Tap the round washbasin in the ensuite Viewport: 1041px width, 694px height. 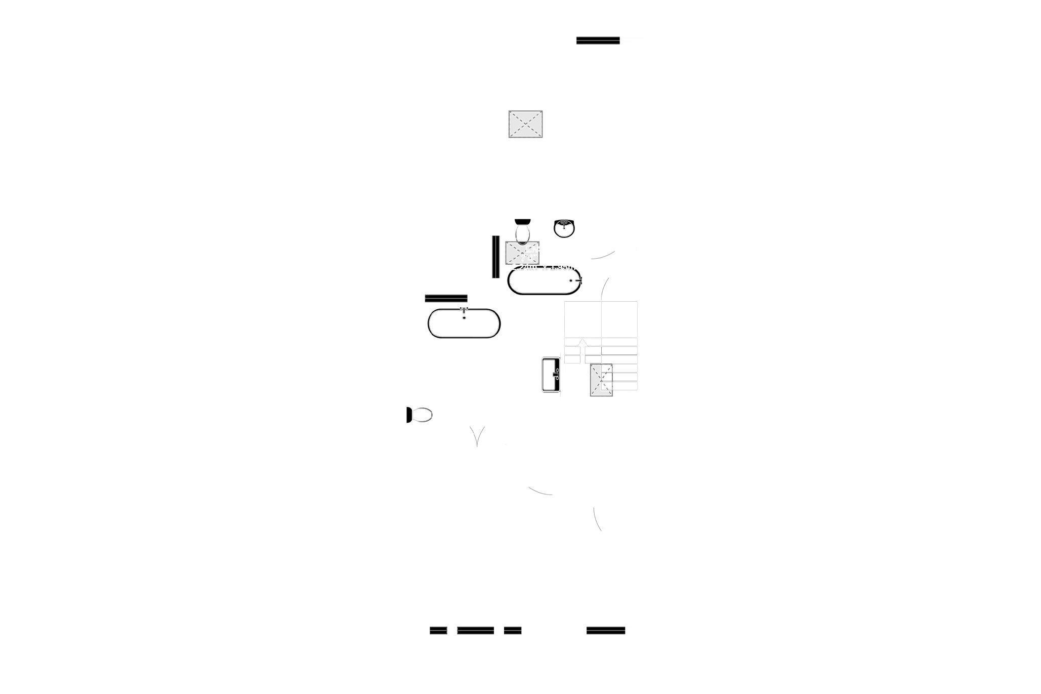click(563, 228)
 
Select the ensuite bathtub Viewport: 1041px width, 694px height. click(545, 281)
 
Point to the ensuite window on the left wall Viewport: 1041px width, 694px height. click(494, 257)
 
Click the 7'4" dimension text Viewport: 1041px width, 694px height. click(529, 258)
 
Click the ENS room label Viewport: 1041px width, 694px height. click(534, 249)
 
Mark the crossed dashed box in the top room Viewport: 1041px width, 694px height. click(526, 124)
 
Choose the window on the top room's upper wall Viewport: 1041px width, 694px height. click(598, 40)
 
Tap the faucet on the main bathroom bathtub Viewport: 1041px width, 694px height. click(464, 312)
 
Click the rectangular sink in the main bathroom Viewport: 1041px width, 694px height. click(550, 374)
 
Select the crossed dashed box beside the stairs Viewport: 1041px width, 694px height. click(601, 379)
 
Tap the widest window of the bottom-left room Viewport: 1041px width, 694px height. click(475, 630)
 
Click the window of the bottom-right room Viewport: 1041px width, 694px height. click(605, 630)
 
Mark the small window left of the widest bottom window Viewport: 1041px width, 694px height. click(438, 630)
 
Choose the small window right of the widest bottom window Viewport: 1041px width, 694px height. click(512, 630)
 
